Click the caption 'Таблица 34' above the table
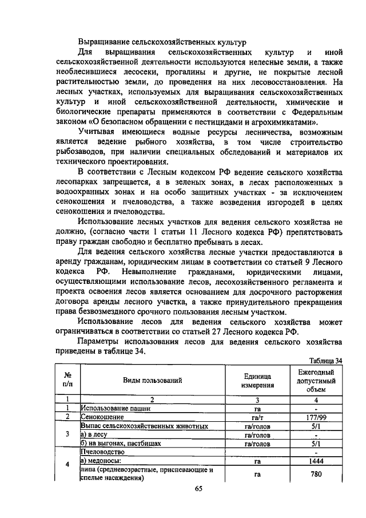pos(324,361)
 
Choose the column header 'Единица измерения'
pos(257,379)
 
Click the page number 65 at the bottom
pos(198,488)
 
